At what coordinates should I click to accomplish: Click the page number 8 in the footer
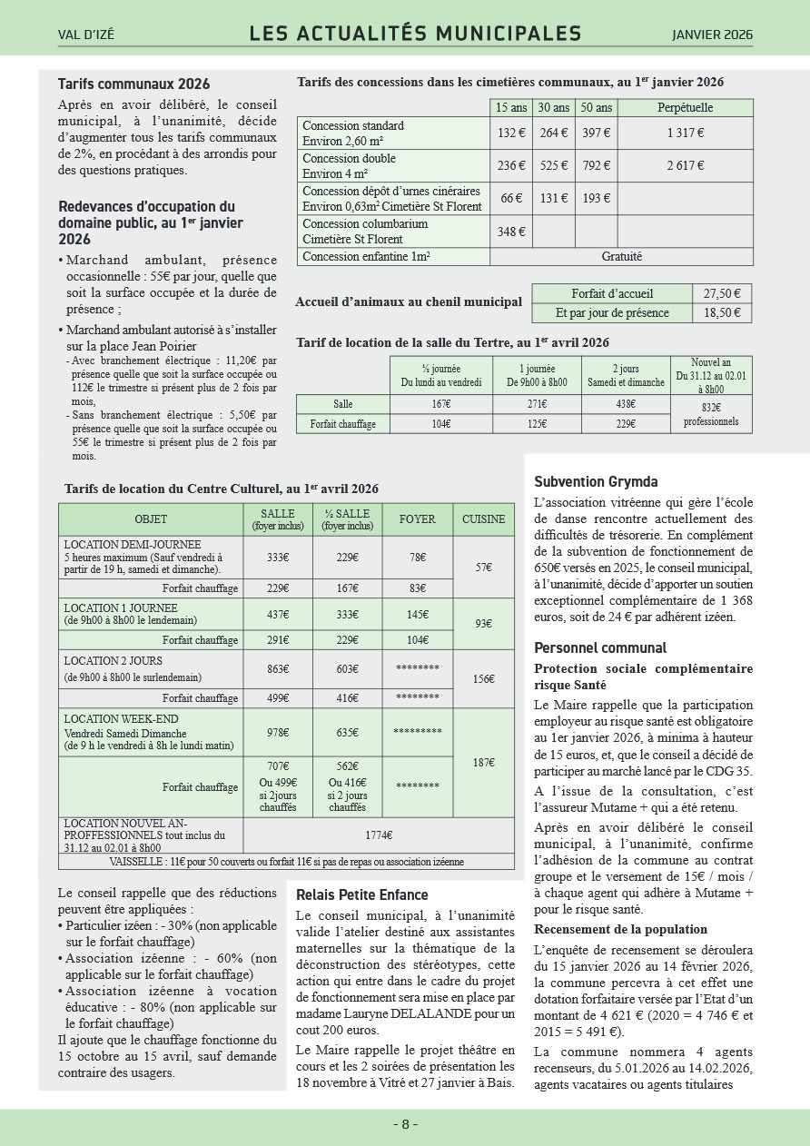pos(405,1124)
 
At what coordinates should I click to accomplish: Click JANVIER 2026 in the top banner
pos(712,35)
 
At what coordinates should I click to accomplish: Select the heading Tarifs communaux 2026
pos(133,84)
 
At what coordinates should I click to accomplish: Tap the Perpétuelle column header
pos(685,107)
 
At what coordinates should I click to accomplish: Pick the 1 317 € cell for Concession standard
pos(685,133)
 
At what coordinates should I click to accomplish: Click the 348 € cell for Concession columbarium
pos(511,232)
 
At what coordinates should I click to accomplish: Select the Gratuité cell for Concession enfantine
pos(621,257)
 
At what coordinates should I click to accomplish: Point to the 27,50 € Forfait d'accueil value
pos(722,293)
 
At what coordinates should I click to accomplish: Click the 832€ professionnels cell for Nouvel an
pos(711,414)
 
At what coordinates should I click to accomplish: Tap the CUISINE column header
pos(483,519)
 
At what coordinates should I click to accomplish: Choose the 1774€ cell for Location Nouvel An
pos(379,835)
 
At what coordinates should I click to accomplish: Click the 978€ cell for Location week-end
pos(278,732)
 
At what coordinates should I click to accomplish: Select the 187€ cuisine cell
pos(483,763)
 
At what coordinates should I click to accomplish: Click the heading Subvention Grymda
pos(596,482)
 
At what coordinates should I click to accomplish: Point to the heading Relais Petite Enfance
pos(362,895)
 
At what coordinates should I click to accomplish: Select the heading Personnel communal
pos(600,648)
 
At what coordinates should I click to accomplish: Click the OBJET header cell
pos(151,519)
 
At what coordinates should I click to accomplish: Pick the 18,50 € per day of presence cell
pos(722,312)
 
